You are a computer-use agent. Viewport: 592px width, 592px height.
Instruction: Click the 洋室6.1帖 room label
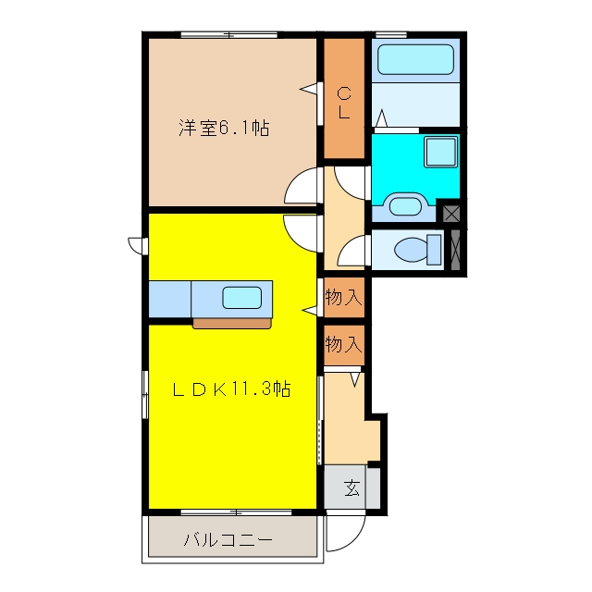tap(224, 129)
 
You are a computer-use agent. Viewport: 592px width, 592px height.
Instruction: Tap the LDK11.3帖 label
tap(231, 388)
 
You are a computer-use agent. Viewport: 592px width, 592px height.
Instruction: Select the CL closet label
tap(343, 103)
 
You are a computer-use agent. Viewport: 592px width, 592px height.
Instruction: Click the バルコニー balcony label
tap(228, 540)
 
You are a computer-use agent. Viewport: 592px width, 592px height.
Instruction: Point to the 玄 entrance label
tap(351, 487)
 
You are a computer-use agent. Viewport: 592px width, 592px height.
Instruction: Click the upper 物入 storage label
tap(344, 297)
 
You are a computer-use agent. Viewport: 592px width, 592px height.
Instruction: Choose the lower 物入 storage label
tap(344, 344)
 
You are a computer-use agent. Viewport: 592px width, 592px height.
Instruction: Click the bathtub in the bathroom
tap(415, 59)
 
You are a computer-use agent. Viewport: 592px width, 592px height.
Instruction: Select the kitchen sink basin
tap(242, 298)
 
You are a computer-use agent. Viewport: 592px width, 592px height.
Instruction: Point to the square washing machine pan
tap(440, 152)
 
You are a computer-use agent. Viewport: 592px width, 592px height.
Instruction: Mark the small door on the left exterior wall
tap(138, 245)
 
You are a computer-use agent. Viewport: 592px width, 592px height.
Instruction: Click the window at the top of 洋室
tap(229, 35)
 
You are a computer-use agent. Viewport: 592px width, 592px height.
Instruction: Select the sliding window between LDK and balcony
tap(236, 512)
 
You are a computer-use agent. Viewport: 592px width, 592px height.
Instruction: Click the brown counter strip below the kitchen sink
tap(232, 323)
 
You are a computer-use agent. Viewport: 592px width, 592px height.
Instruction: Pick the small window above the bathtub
tap(391, 35)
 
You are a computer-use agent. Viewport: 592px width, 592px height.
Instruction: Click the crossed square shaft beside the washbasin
tap(451, 214)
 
